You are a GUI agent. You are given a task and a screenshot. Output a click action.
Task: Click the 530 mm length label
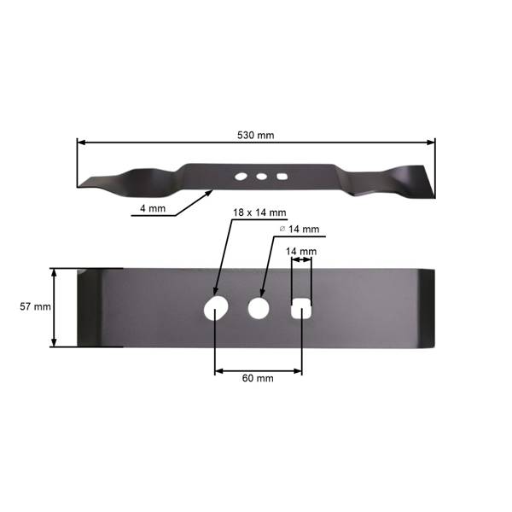[255, 136]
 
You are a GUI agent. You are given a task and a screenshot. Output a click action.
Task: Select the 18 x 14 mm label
[259, 212]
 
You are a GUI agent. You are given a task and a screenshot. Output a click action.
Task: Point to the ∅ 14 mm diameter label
[300, 230]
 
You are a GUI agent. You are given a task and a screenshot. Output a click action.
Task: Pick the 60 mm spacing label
[258, 378]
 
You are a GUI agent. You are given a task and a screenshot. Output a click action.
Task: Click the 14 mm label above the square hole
[301, 252]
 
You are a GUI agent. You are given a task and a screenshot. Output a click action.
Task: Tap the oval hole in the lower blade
[215, 307]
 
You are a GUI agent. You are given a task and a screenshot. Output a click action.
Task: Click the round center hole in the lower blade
[258, 307]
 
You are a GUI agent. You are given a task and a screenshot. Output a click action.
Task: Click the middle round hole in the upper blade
[261, 177]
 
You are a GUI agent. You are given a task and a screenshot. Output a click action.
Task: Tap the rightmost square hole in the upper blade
[282, 177]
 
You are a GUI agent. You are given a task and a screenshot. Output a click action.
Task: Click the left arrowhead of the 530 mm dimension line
[80, 143]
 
